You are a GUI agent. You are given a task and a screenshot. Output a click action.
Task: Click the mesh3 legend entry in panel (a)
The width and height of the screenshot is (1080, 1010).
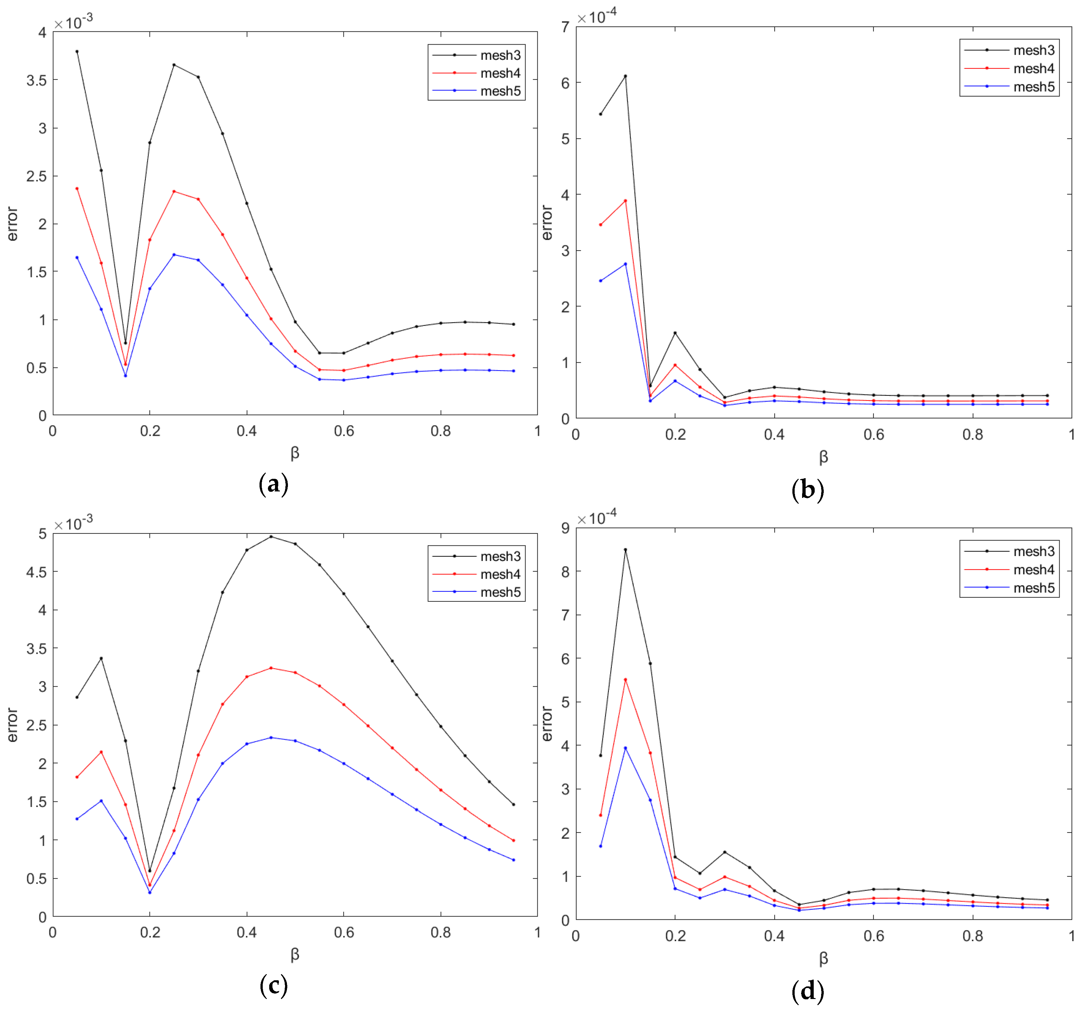(500, 55)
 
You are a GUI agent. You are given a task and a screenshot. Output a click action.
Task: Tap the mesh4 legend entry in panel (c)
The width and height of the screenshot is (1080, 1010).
(500, 574)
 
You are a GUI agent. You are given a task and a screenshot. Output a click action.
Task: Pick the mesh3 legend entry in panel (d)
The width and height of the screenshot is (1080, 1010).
(1033, 551)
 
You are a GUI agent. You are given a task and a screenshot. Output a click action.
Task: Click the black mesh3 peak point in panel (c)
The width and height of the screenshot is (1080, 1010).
(271, 537)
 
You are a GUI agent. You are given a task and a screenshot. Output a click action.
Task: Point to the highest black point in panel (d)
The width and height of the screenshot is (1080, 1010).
(625, 550)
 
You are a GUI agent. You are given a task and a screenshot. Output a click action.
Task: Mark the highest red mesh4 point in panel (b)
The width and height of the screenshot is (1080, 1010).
(625, 200)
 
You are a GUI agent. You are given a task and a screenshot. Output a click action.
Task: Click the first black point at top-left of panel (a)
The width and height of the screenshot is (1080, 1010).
(77, 52)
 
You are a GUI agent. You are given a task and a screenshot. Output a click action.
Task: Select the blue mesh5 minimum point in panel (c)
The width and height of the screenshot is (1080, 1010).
(149, 892)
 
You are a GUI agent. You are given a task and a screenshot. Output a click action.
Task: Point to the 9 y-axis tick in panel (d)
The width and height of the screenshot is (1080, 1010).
(566, 528)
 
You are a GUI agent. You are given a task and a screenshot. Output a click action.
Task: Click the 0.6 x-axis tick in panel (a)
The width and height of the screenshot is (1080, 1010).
(344, 431)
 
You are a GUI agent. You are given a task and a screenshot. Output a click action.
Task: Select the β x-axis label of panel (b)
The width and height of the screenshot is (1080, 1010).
(823, 457)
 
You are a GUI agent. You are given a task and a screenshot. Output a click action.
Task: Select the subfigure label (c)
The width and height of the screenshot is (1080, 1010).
(273, 985)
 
